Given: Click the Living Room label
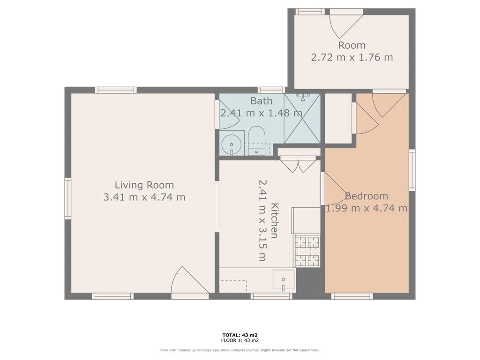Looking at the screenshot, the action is coord(144,185).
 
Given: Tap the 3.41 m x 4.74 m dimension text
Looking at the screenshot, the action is coord(144,197).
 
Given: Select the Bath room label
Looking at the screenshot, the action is coord(261,101).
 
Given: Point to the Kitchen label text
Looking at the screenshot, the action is coord(274,220).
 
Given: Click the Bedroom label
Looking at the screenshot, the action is coord(367,196).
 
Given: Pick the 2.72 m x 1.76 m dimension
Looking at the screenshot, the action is coord(352,57).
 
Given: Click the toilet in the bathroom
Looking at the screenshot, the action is coord(256,140).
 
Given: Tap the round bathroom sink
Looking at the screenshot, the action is coord(232,144).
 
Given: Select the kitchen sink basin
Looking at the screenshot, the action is coord(284,280).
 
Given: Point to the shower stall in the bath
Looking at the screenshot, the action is coord(302,119).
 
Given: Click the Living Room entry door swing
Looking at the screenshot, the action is coord(189,279).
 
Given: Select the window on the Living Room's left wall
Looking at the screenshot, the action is coord(67,198).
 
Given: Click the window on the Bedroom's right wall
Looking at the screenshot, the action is coord(412,170).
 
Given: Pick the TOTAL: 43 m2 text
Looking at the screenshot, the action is coord(240,335).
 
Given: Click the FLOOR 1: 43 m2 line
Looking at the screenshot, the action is coord(240,340).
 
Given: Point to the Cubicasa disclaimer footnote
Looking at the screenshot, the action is coord(240,350).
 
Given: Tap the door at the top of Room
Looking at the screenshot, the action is coord(346,24).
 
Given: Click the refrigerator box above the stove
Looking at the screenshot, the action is coord(306,220).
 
